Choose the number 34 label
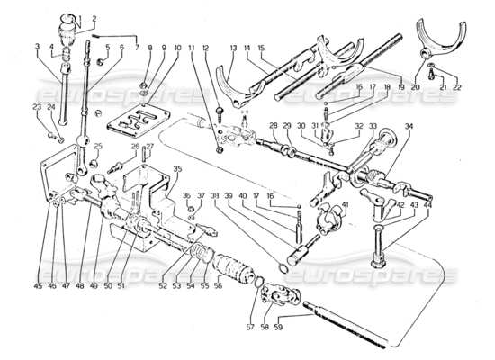click(x=408, y=125)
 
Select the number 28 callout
click(x=273, y=125)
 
